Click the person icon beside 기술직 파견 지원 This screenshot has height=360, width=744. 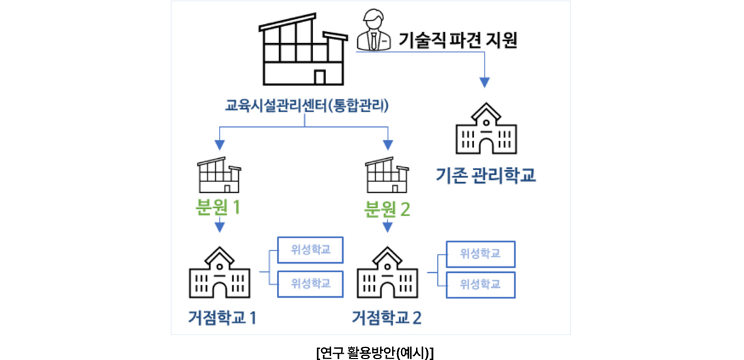(x=374, y=30)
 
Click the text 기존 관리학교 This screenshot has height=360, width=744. (x=485, y=174)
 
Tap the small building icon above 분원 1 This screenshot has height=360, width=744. (x=219, y=175)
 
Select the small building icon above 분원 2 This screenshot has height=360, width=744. (x=387, y=175)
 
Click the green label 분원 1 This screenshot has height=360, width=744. (x=218, y=208)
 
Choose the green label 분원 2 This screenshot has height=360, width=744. (x=388, y=208)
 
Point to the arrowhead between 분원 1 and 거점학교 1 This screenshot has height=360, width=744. (x=219, y=227)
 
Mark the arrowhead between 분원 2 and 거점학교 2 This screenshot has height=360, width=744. (x=388, y=227)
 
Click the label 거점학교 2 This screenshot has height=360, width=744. (x=387, y=317)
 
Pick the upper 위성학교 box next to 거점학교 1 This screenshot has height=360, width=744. (x=310, y=249)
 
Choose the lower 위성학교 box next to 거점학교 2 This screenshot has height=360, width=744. (x=480, y=284)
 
